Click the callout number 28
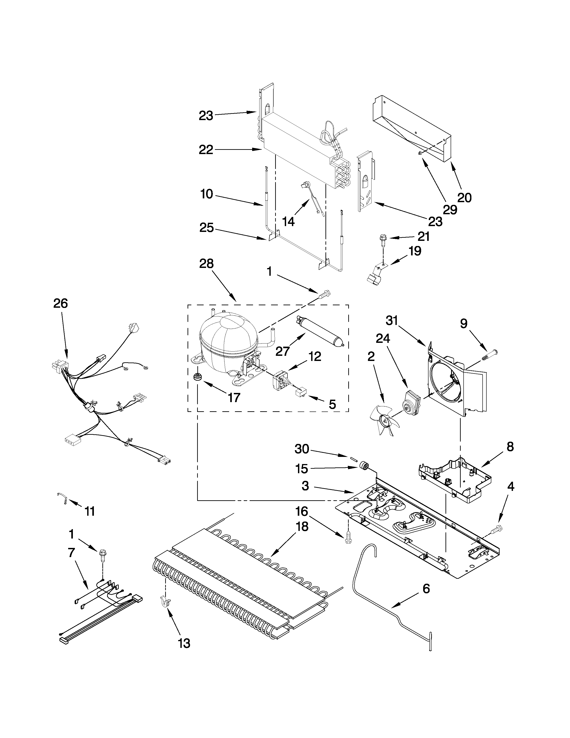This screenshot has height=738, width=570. click(x=206, y=264)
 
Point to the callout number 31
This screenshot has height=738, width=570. click(x=392, y=320)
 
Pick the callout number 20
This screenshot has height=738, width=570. click(x=464, y=197)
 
